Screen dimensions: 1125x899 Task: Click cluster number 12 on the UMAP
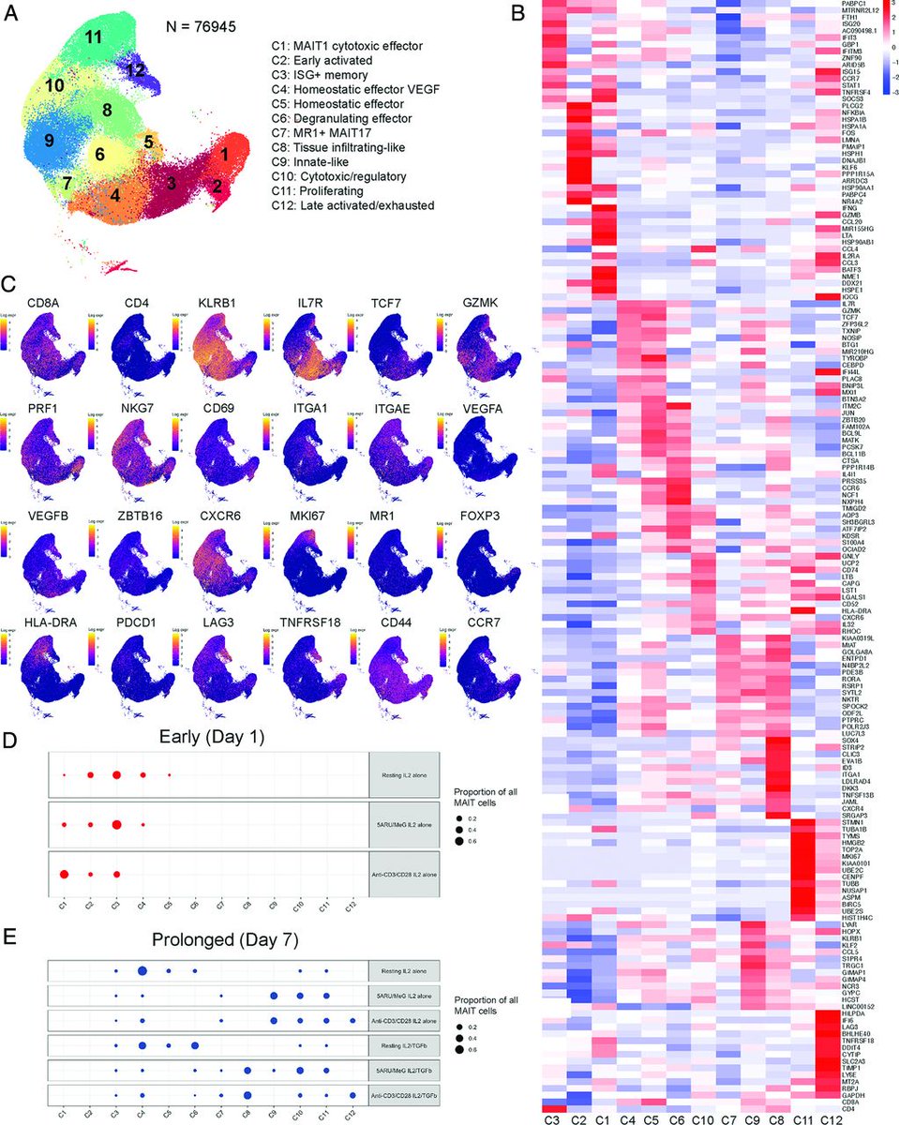tap(137, 70)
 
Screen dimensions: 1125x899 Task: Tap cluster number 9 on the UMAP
tap(48, 142)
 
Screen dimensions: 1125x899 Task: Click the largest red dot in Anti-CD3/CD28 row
tap(64, 874)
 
